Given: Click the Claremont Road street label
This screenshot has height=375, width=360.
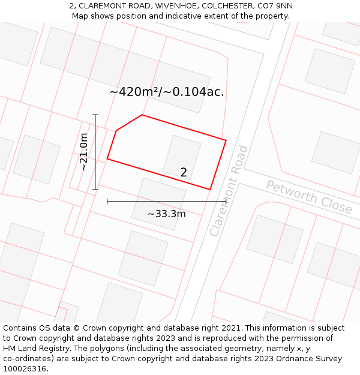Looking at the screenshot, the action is click(229, 190).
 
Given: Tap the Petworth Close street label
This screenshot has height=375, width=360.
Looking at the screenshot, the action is click(309, 196).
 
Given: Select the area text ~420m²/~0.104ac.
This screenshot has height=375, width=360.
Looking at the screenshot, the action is click(166, 92).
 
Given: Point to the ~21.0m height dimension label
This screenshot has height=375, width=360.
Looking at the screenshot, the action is click(84, 152).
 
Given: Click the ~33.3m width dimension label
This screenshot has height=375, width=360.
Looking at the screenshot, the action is click(166, 214).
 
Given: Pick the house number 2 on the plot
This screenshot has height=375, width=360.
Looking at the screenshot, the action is click(184, 172).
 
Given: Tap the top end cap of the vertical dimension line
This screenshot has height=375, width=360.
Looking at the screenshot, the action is click(95, 115).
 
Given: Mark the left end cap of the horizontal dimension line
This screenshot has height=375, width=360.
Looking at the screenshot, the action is click(107, 202).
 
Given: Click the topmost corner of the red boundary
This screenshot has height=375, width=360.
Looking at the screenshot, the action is click(142, 115).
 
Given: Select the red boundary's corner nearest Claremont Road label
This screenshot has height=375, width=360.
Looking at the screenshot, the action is click(210, 190).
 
